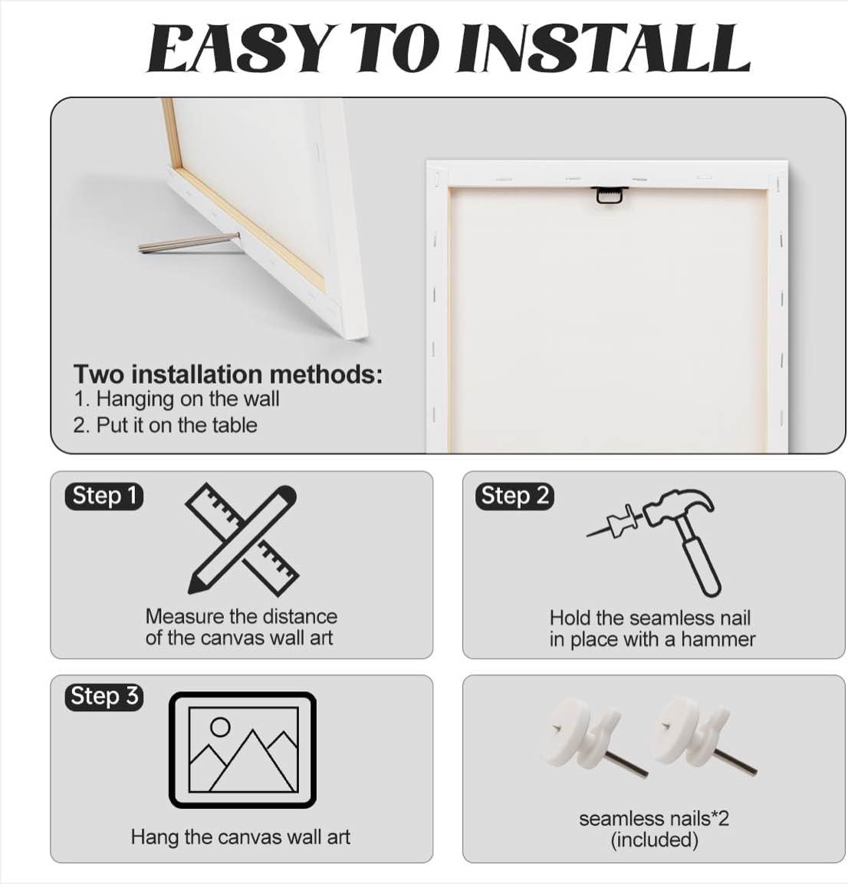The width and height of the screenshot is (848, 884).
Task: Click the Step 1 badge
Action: coord(104,496)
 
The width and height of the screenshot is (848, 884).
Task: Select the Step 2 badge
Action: coord(515,496)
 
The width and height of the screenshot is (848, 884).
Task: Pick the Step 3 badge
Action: coord(104,696)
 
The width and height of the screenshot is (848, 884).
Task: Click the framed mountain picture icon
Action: coord(242,750)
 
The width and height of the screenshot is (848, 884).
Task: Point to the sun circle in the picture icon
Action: coord(220,727)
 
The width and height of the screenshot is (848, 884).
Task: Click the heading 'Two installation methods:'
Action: coord(228,374)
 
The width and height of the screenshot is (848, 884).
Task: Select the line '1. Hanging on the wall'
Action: coord(177,399)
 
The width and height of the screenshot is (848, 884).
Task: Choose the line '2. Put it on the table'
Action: coord(166,425)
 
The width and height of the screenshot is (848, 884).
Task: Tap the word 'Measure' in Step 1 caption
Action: coord(184,616)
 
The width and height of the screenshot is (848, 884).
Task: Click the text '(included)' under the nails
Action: coord(654,839)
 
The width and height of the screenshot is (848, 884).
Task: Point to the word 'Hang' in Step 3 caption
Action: coord(155,836)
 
